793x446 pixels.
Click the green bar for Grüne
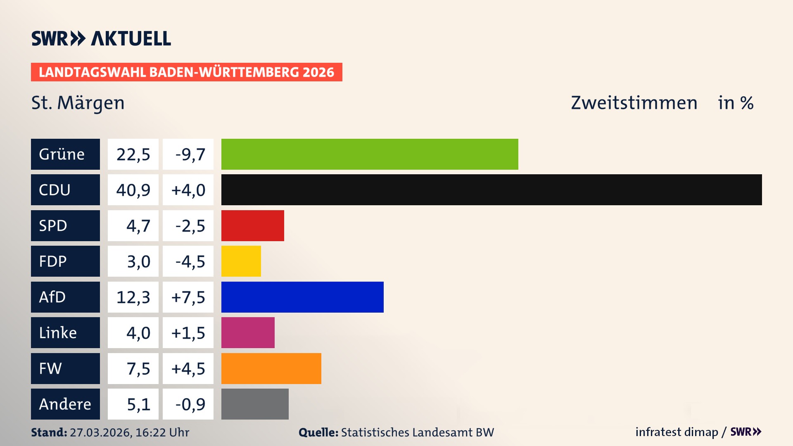pyautogui.click(x=370, y=154)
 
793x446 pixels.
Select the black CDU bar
pyautogui.click(x=491, y=190)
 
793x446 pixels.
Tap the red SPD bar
pyautogui.click(x=252, y=225)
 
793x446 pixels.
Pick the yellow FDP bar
pyautogui.click(x=241, y=261)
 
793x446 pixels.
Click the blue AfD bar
pyautogui.click(x=302, y=297)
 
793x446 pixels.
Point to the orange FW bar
pyautogui.click(x=271, y=368)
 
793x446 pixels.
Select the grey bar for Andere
pyautogui.click(x=255, y=404)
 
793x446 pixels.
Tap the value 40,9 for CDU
pyautogui.click(x=133, y=190)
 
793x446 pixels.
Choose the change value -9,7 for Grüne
pyautogui.click(x=190, y=154)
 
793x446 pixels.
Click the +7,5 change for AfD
pyautogui.click(x=188, y=297)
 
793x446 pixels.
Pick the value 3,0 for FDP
pyautogui.click(x=138, y=261)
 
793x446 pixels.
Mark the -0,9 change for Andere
pyautogui.click(x=190, y=404)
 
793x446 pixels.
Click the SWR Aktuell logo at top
pyautogui.click(x=101, y=38)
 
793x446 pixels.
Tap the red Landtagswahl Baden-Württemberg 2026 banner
pyautogui.click(x=186, y=72)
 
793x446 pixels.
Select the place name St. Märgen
pyautogui.click(x=78, y=103)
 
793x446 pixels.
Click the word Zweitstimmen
pyautogui.click(x=634, y=103)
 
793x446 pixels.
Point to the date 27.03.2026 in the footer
pyautogui.click(x=100, y=432)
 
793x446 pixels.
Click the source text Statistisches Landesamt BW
pyautogui.click(x=417, y=432)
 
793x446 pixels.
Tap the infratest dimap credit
pyautogui.click(x=677, y=432)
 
